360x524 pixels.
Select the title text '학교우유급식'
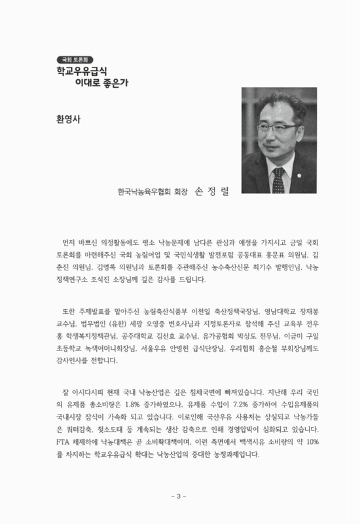click(81, 68)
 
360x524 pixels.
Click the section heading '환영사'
click(67, 120)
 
